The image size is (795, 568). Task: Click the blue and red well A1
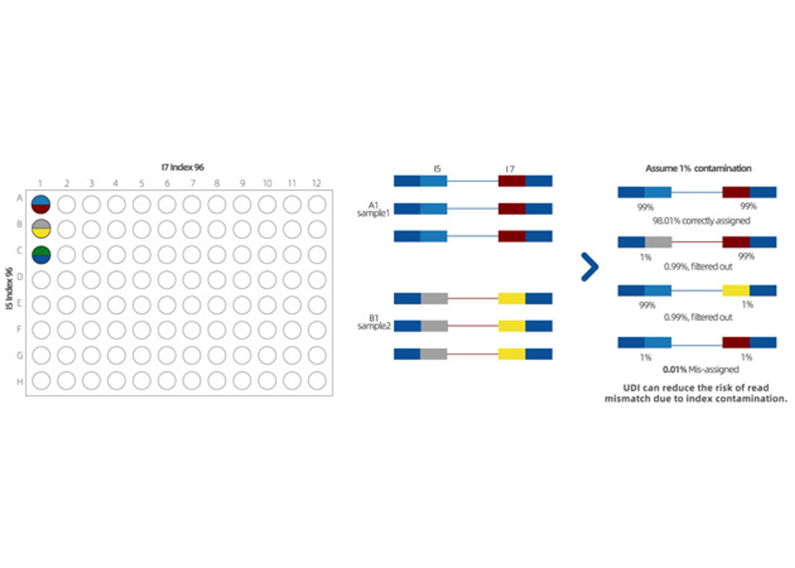point(41,204)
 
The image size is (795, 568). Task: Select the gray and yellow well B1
point(41,229)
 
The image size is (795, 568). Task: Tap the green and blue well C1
point(41,255)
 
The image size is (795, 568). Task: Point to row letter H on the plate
point(20,381)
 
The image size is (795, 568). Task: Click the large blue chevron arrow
point(590,267)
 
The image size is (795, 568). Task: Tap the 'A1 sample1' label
point(373,209)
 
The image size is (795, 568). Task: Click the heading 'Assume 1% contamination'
point(698,168)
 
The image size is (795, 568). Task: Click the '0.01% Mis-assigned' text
point(700,369)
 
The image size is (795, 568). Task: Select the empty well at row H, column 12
point(317,381)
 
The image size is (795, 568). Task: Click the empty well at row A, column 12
point(317,204)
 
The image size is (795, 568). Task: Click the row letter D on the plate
point(20,277)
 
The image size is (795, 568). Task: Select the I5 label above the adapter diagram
point(437,169)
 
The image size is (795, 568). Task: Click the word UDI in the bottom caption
point(632,388)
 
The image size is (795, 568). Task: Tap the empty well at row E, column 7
point(192,305)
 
